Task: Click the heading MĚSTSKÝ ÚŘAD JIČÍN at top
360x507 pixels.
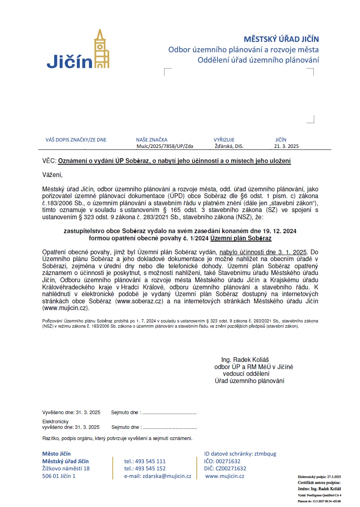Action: pyautogui.click(x=281, y=39)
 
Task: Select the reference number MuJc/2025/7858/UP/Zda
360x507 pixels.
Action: pyautogui.click(x=164, y=146)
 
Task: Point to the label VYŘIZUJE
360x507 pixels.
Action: pyautogui.click(x=224, y=140)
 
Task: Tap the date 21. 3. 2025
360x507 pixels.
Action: pyautogui.click(x=286, y=146)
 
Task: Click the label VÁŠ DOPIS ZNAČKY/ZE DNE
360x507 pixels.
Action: pyautogui.click(x=76, y=140)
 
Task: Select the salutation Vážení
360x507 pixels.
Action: pyautogui.click(x=53, y=175)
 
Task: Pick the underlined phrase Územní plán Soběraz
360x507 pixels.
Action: pyautogui.click(x=241, y=238)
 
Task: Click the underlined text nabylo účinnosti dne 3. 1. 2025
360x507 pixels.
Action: pyautogui.click(x=264, y=252)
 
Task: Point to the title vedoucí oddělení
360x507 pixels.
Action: pyautogui.click(x=246, y=374)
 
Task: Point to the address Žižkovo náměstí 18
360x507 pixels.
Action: pyautogui.click(x=66, y=468)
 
